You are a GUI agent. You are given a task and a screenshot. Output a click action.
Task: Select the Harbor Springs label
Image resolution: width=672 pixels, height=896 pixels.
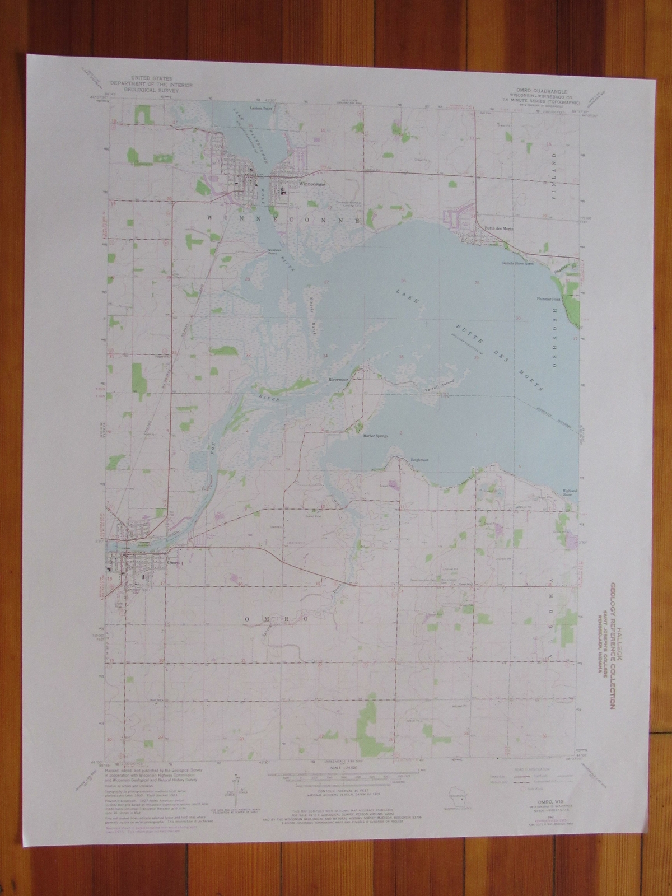376,435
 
